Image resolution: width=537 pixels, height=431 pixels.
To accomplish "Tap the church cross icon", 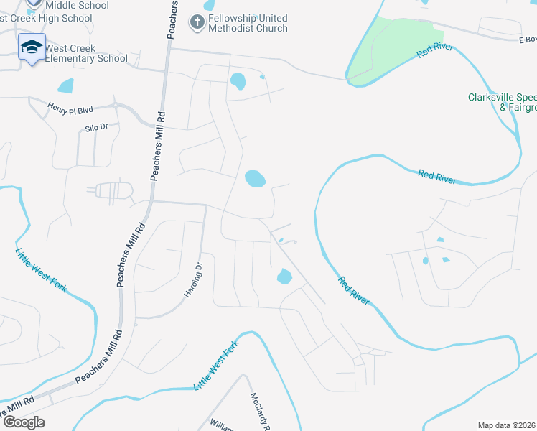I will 197,22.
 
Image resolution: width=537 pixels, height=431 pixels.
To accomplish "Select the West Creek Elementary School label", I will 86,53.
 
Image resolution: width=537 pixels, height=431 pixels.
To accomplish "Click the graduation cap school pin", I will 32,47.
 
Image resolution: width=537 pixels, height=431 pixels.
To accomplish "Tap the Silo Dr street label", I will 93,126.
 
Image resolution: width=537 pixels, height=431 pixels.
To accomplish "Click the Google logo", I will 24,422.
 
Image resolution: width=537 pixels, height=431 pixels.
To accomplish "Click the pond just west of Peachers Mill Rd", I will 65,86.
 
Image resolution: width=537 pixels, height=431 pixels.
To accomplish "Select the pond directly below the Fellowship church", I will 238,80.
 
